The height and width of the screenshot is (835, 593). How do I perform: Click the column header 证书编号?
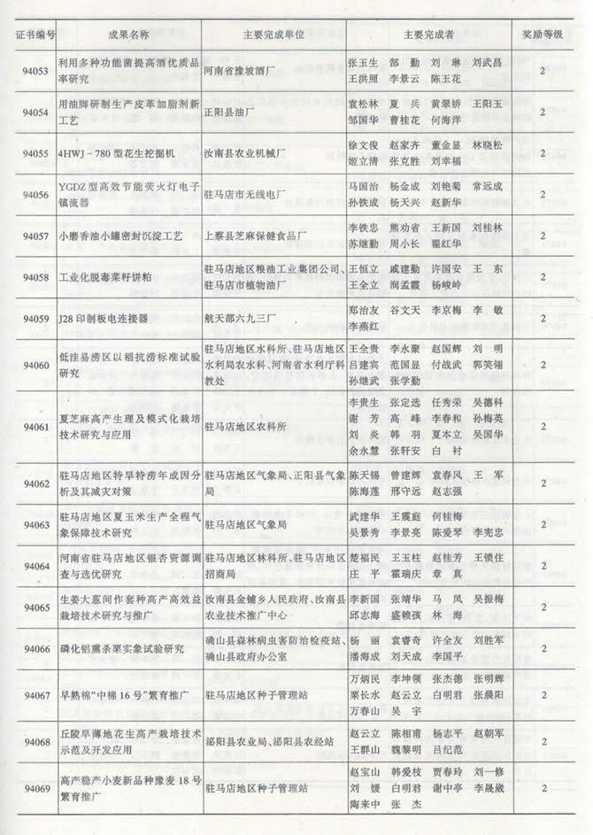tap(35, 35)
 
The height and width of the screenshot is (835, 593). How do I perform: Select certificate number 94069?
tap(35, 787)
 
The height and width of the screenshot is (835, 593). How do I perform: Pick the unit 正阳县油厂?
tap(231, 112)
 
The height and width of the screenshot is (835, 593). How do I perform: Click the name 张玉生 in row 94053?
tap(364, 63)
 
